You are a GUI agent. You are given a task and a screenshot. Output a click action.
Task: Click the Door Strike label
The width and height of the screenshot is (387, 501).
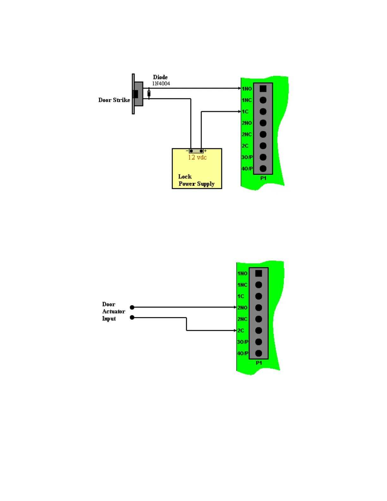(x=114, y=100)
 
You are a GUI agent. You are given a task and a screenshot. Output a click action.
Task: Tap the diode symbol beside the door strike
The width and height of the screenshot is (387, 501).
(x=149, y=94)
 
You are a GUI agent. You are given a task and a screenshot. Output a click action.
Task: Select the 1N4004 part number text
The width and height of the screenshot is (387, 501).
(x=161, y=83)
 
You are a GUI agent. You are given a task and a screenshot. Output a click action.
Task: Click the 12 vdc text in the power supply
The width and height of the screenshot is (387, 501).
(x=197, y=157)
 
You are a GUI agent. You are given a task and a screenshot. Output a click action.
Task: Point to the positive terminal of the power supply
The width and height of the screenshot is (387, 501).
(x=201, y=151)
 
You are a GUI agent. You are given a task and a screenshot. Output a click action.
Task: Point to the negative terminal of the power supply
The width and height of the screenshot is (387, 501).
(x=191, y=151)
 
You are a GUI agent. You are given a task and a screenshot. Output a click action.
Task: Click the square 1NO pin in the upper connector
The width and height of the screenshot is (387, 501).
(x=263, y=89)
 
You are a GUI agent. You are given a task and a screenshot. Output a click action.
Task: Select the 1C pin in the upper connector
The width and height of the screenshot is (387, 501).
(x=263, y=112)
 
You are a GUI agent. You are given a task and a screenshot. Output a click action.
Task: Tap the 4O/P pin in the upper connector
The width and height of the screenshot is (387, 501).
(x=263, y=169)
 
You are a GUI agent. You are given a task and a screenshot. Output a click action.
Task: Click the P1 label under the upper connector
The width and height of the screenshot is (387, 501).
(x=263, y=178)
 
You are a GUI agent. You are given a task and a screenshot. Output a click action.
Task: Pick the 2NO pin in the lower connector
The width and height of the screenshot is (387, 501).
(x=259, y=307)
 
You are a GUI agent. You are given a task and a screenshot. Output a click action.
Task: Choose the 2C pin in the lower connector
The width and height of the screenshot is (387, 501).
(x=259, y=331)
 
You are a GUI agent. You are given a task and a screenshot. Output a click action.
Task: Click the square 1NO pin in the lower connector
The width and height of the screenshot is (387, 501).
(x=259, y=273)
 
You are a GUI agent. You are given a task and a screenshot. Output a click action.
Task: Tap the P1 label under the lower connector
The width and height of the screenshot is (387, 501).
(x=259, y=363)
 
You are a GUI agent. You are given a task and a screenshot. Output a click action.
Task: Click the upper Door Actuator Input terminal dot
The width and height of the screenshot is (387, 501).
(x=132, y=307)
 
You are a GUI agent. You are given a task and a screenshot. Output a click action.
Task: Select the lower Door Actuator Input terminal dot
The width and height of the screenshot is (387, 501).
(x=132, y=317)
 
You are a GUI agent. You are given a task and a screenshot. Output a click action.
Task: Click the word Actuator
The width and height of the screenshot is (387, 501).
(x=114, y=311)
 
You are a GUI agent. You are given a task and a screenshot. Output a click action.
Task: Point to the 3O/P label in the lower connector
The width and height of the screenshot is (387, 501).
(x=243, y=342)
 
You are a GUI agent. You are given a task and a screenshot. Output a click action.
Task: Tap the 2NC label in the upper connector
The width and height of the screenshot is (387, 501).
(x=247, y=134)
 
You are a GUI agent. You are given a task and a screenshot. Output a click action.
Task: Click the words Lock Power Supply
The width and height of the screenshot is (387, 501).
(x=196, y=180)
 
